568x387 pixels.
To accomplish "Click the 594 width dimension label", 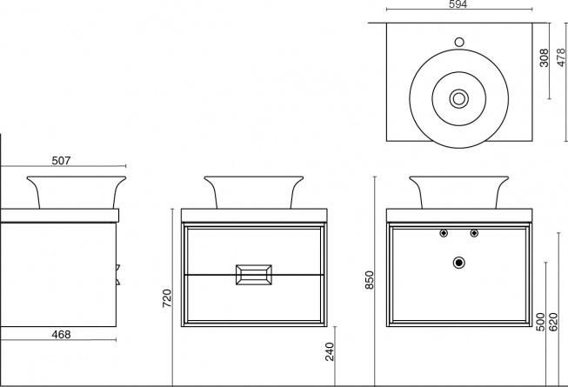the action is tap(458, 4).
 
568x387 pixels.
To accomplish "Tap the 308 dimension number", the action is tap(544, 58).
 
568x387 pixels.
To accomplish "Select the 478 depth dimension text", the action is tap(561, 57).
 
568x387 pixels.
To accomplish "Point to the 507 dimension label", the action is tap(61, 160).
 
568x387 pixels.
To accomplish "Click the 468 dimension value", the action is tap(61, 335).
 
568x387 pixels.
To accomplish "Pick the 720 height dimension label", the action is tap(166, 298).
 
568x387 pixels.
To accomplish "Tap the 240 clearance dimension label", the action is tap(330, 351).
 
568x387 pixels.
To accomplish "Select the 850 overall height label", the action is tap(369, 280).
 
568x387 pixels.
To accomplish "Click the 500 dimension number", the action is tap(540, 322).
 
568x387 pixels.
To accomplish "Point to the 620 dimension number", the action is tap(553, 322).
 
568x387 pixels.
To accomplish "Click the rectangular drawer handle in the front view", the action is tap(254, 275).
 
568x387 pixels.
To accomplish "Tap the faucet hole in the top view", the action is tap(459, 43).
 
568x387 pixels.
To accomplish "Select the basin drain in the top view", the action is tap(459, 98).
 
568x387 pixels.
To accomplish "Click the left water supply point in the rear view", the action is tap(444, 233).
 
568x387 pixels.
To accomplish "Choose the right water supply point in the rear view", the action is tap(474, 233).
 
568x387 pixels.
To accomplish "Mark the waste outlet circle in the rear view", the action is tap(459, 263).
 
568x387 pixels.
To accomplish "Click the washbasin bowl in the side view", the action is tap(76, 192).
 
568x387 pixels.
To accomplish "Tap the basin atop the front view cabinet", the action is tap(254, 192).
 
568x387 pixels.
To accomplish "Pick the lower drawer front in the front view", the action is tap(254, 298).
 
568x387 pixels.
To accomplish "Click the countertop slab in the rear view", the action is tap(459, 216).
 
